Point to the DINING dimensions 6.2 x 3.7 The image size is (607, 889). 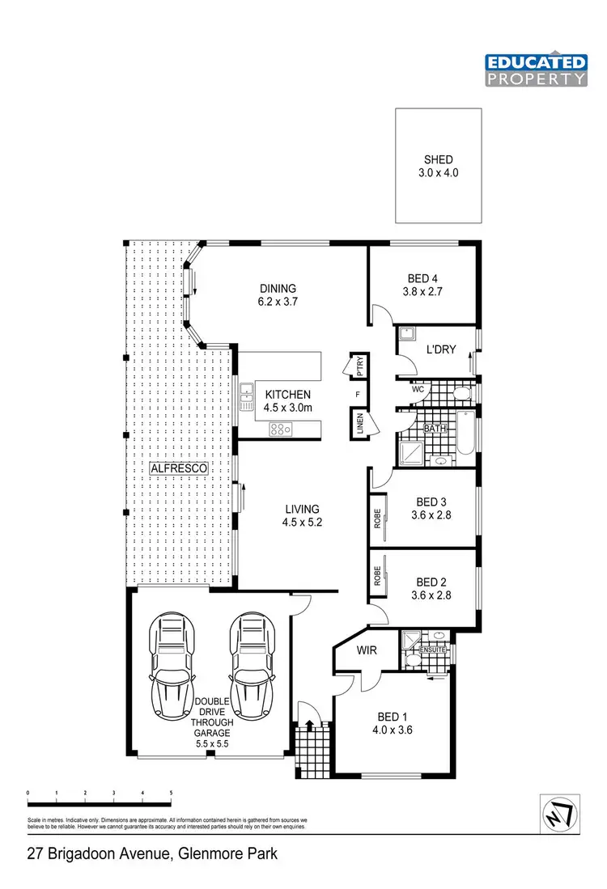pos(278,303)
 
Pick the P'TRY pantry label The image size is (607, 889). pos(359,365)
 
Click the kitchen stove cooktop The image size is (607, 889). pos(281,429)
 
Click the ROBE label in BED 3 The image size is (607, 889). pos(378,519)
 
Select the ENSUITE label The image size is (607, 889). pos(432,648)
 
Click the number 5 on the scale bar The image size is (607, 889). pos(171,792)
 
